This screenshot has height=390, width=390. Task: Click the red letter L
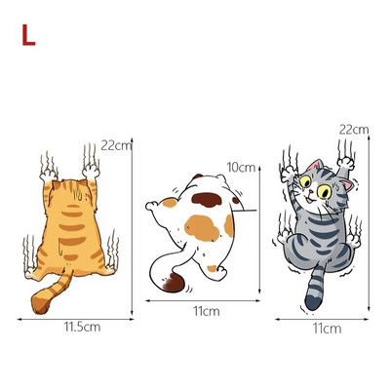tap(28, 35)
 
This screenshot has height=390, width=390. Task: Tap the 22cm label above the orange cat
tap(116, 145)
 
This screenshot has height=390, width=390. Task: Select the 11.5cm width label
tap(82, 327)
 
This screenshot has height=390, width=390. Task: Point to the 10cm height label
tap(241, 168)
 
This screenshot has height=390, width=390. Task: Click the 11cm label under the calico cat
tap(207, 311)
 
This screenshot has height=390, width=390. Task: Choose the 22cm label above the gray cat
tap(354, 130)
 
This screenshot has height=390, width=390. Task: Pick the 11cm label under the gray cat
tap(328, 329)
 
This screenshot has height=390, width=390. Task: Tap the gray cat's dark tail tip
tap(313, 301)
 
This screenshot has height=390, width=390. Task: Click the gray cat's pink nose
tap(311, 191)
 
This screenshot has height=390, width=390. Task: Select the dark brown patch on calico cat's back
tap(207, 199)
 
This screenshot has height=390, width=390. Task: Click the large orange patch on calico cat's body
tap(202, 228)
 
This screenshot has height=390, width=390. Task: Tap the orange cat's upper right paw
tap(92, 171)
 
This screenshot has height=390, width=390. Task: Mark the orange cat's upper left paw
tap(48, 175)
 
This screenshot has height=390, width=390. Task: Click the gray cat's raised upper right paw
tap(345, 163)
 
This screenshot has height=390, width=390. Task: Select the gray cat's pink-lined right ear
tap(346, 185)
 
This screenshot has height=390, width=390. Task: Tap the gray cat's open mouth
tap(309, 199)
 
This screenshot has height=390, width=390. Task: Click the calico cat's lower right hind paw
tap(222, 271)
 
